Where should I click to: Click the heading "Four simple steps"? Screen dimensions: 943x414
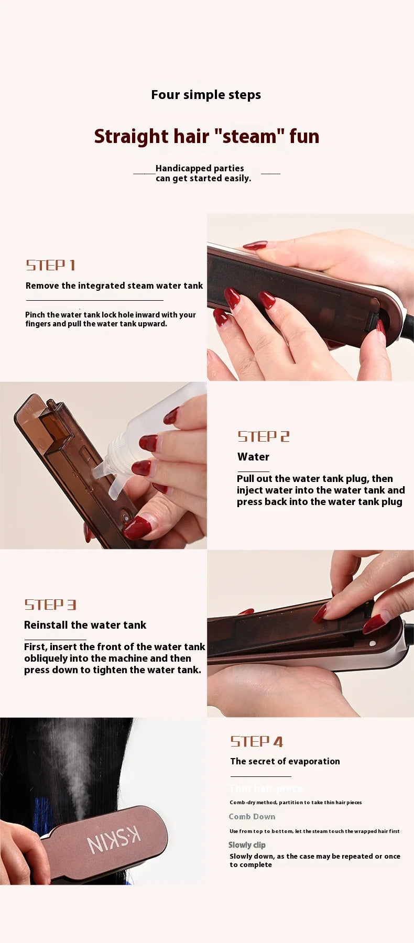[x=206, y=95]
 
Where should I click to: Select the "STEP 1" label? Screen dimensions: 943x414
[x=51, y=265]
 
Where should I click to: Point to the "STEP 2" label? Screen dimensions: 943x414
[x=264, y=436]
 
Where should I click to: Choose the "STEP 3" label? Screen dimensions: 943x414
[x=50, y=605]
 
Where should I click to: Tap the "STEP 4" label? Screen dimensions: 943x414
[x=257, y=741]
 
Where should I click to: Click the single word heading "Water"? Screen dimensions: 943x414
[x=253, y=457]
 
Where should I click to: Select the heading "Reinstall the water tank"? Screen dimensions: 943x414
[x=85, y=625]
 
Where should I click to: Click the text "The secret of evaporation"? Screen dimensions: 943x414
[x=285, y=761]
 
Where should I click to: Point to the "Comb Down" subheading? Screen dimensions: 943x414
[x=252, y=816]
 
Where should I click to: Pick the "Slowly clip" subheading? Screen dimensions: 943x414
[x=247, y=845]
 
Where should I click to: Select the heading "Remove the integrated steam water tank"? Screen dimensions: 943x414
[x=114, y=286]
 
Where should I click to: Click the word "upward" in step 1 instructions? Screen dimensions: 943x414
[x=152, y=324]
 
